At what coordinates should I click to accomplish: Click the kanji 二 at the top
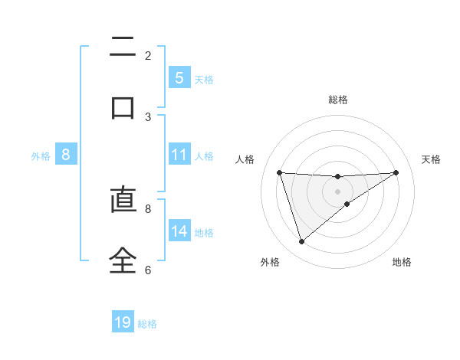pos(123,47)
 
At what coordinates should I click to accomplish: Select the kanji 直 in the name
pos(123,201)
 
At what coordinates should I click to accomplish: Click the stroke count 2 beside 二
pos(148,56)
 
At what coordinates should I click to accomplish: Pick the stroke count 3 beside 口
pos(148,117)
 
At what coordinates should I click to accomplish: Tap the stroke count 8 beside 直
pos(148,208)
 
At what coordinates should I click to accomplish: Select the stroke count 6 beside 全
pos(148,270)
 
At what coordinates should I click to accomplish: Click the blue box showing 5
pos(179,78)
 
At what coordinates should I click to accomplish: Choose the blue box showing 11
pos(179,155)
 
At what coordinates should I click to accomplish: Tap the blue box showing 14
pos(179,231)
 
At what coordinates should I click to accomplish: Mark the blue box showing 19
pos(123,322)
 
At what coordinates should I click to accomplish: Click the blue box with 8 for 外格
pos(66,155)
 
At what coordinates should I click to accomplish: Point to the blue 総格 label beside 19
pos(147,324)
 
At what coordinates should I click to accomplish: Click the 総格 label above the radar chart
pos(337,100)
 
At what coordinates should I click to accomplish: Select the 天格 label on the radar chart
pos(431,159)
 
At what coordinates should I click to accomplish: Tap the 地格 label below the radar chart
pos(402,262)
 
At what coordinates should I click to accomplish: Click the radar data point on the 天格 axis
pos(396,172)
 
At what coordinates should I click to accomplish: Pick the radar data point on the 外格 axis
pos(301,242)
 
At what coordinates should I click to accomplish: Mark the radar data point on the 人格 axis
pos(279,172)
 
